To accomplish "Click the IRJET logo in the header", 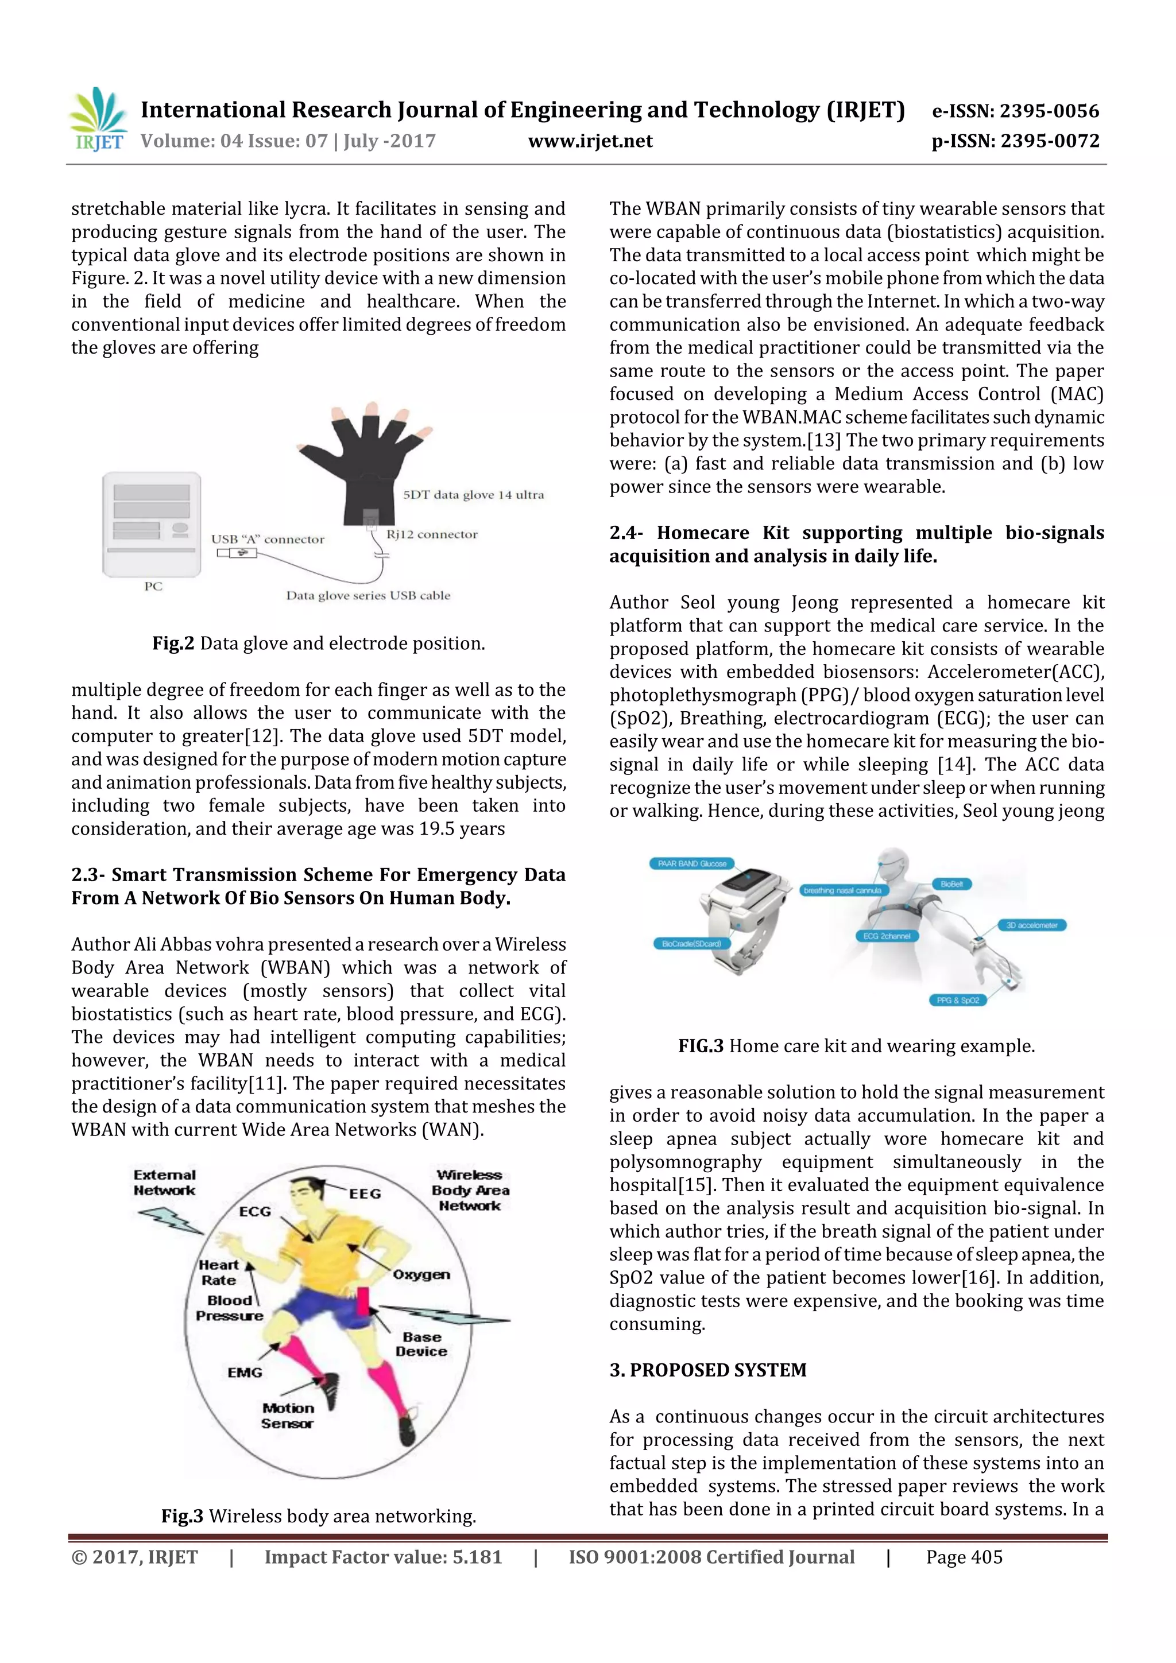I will pyautogui.click(x=98, y=119).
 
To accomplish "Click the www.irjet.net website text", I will pyautogui.click(x=590, y=141).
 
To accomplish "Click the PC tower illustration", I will pyautogui.click(x=152, y=525).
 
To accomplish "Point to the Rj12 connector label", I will pyautogui.click(x=432, y=534).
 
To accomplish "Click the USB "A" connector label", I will pyautogui.click(x=268, y=540).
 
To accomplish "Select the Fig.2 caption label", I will pyautogui.click(x=173, y=643).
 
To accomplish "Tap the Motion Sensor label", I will pyautogui.click(x=288, y=1415).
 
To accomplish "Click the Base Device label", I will pyautogui.click(x=421, y=1344).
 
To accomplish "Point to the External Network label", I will pyautogui.click(x=164, y=1182).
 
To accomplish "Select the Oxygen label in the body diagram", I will pyautogui.click(x=421, y=1275).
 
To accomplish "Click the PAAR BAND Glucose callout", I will pyautogui.click(x=691, y=863).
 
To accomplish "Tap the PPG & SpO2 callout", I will pyautogui.click(x=957, y=1000).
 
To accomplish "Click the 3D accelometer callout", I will pyautogui.click(x=1031, y=925).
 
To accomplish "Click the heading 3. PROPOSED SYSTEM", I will pyautogui.click(x=707, y=1370).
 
